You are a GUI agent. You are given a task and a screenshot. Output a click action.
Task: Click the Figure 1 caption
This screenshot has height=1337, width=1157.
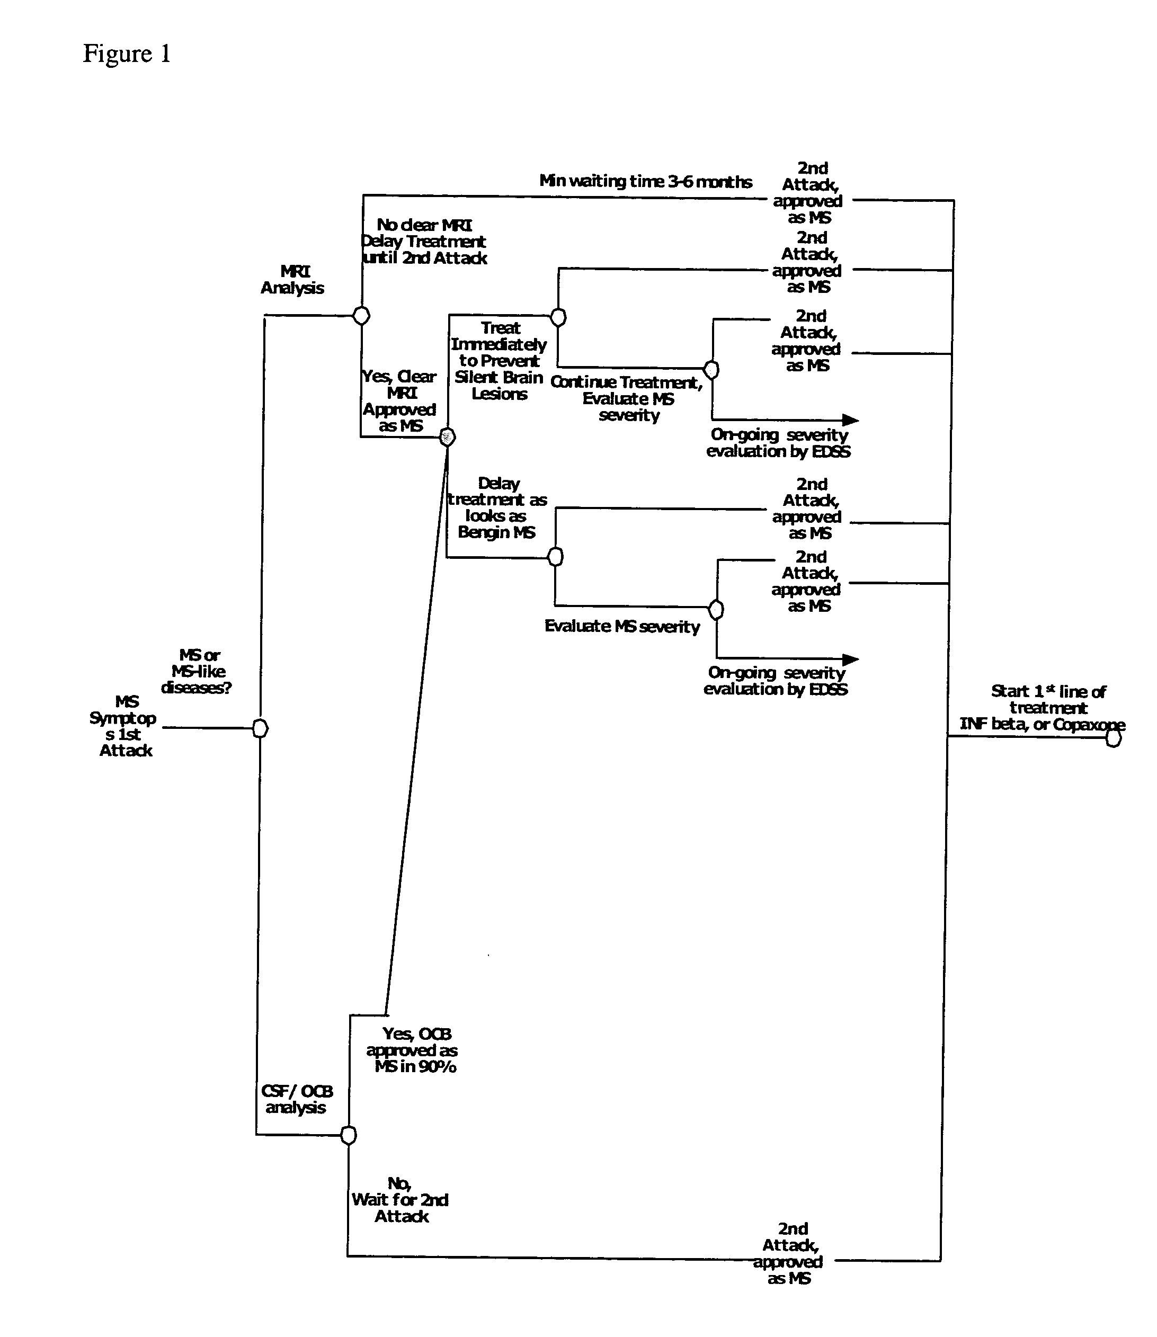coord(127,54)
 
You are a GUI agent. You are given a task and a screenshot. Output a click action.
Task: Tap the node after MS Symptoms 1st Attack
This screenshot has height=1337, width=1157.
coord(260,728)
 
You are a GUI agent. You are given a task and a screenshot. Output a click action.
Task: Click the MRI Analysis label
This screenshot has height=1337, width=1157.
coord(292,280)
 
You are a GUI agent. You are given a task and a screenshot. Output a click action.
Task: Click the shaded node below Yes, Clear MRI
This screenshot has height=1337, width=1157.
coord(447,437)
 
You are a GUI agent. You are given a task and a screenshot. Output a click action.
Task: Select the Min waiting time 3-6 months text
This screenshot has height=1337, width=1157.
coord(646,181)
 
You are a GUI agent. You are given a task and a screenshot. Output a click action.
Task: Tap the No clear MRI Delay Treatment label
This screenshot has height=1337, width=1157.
coord(424,242)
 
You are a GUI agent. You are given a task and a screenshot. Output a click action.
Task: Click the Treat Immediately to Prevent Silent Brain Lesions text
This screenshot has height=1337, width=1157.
coord(499,361)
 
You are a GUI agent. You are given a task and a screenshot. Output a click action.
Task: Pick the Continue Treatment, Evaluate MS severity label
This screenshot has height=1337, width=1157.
coord(627,398)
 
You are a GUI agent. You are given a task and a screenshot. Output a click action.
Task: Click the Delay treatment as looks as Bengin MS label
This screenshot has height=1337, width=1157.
coord(497,508)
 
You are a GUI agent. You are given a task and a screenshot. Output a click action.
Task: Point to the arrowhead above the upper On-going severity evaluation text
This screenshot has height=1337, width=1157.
coord(850,420)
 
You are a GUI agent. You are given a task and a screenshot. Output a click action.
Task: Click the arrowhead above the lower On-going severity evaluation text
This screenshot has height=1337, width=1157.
coord(850,659)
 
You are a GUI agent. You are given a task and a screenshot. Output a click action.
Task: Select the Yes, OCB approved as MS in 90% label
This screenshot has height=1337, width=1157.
coord(413,1050)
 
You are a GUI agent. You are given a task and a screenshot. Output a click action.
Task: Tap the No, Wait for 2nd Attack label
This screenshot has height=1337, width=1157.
coord(400,1199)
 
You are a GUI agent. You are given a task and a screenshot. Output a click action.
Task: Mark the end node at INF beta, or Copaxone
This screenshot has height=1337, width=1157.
coord(1113,738)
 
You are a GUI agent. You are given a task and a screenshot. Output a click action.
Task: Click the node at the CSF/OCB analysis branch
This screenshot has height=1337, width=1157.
coord(348,1135)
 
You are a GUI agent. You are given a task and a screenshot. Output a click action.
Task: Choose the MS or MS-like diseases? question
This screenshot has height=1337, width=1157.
coord(197,671)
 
